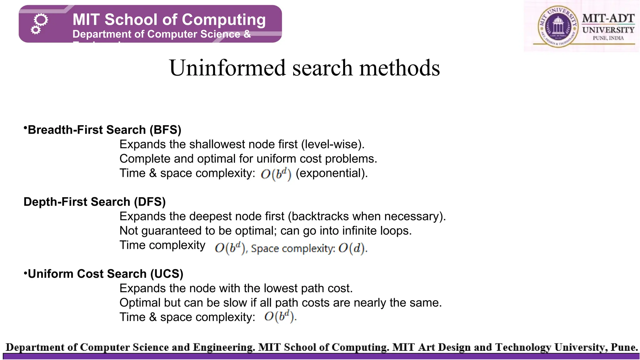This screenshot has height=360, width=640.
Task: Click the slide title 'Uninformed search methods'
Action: pos(304,68)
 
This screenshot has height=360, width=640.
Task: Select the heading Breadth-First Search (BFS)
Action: pos(104,130)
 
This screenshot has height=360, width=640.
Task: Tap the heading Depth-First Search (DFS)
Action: pos(94,202)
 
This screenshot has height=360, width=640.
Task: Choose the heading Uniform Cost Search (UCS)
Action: pos(105,274)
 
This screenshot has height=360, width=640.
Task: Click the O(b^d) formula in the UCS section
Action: pos(279,317)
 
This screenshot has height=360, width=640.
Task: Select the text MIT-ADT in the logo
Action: pos(608,18)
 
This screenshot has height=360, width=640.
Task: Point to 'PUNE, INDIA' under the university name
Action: pos(608,38)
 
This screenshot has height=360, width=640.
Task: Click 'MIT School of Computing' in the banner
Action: pos(169,19)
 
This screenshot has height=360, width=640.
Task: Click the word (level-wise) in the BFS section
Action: pos(332,144)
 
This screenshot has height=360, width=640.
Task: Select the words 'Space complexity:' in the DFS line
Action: pos(293,249)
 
